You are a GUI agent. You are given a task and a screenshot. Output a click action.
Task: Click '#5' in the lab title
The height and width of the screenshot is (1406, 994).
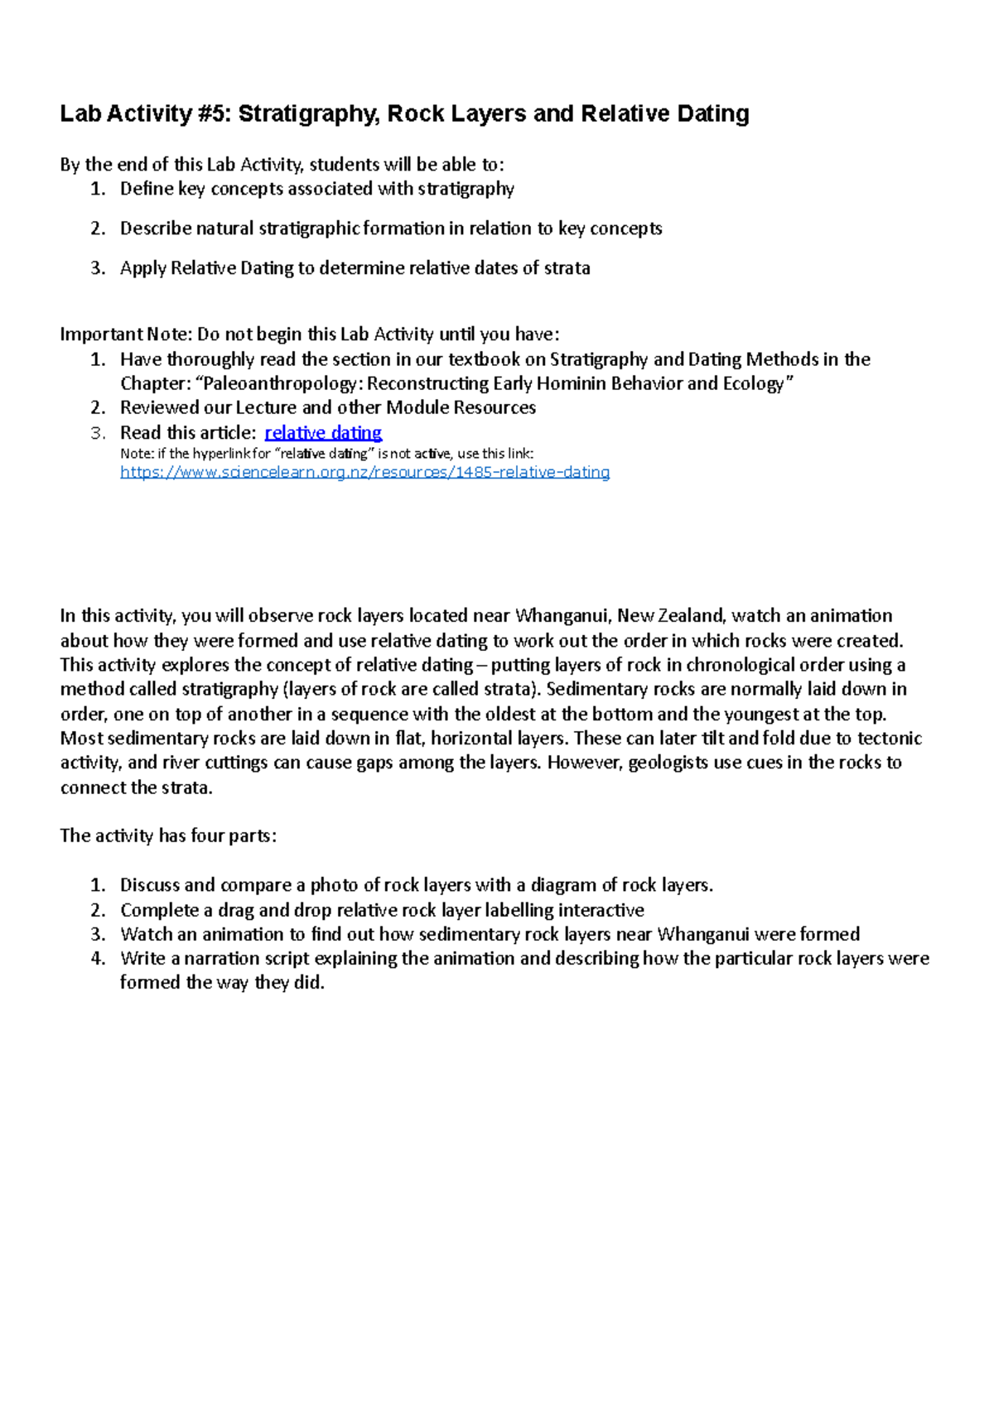[x=215, y=113]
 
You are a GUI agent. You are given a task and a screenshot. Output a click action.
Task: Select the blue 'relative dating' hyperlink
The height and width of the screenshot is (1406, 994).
[x=323, y=432]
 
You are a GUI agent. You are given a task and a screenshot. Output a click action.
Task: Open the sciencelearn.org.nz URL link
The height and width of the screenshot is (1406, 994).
[x=364, y=472]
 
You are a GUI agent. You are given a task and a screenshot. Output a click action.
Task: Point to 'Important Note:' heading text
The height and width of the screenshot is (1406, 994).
[x=126, y=335]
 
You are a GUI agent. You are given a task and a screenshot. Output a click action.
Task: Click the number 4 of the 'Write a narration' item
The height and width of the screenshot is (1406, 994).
[x=98, y=959]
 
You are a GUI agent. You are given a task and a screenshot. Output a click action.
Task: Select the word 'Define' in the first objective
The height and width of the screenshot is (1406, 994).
[x=147, y=189]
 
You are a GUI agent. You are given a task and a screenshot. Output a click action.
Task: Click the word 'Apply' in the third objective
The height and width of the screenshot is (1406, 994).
[x=142, y=268]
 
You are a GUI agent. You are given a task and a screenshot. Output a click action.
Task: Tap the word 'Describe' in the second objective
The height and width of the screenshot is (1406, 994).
[x=156, y=229]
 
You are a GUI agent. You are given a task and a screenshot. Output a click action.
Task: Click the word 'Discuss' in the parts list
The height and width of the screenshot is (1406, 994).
[x=150, y=885]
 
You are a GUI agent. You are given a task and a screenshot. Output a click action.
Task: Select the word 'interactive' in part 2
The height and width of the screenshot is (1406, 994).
[x=601, y=910]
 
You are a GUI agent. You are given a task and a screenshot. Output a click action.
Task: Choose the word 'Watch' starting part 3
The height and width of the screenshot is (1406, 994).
[x=146, y=934]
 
